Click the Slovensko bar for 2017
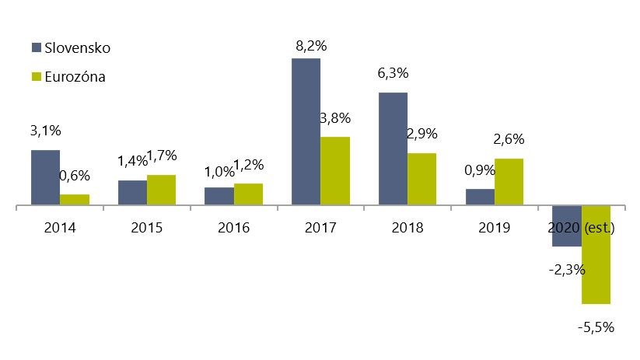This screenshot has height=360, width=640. coord(306,132)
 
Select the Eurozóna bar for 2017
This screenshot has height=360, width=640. coord(335,171)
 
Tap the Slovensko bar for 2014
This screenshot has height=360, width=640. coord(45,178)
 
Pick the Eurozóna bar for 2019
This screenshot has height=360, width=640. coord(509,182)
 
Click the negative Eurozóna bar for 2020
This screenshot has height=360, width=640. coord(596,255)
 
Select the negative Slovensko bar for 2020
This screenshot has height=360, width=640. coord(567,226)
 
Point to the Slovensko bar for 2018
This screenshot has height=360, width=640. coord(393,149)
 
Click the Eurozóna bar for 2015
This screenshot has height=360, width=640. coord(161,190)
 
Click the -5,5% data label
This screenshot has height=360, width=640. coord(596,327)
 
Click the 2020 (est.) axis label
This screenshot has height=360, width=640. coord(582,228)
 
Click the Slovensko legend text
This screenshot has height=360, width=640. coord(78,48)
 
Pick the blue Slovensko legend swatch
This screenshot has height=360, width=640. coord(36,48)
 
